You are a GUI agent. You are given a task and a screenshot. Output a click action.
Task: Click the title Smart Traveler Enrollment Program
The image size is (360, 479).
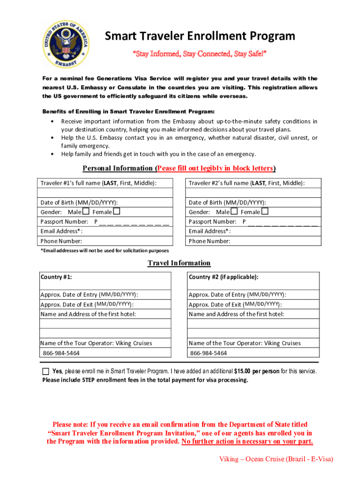(x=200, y=36)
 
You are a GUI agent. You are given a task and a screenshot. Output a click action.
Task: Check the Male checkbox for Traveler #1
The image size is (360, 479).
(x=86, y=211)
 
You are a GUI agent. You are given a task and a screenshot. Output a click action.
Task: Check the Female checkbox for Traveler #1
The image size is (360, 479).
(x=116, y=211)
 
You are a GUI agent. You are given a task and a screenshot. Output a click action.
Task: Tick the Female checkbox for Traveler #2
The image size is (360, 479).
(x=265, y=211)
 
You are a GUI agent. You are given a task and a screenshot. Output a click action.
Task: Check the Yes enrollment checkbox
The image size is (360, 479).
(x=45, y=371)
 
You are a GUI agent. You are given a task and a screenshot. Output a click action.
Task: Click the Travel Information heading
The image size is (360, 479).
(x=179, y=263)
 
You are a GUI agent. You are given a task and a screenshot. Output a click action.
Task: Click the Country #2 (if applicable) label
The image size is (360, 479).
(x=223, y=277)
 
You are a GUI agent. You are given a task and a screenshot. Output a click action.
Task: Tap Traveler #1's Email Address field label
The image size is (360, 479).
(x=62, y=231)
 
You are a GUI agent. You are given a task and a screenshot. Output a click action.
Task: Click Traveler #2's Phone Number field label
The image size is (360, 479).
(x=209, y=241)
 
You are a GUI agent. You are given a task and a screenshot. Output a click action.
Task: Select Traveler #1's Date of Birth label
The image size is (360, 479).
(x=79, y=202)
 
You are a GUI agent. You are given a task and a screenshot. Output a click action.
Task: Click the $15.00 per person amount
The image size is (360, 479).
(x=257, y=371)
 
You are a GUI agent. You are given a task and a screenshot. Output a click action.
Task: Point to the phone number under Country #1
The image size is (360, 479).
(x=61, y=353)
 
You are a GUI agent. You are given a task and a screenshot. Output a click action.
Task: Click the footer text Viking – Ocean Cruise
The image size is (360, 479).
(x=276, y=459)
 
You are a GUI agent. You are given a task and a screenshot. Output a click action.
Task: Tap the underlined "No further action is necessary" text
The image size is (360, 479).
(x=247, y=442)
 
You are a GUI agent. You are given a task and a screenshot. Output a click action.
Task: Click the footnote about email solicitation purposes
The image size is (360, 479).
(x=105, y=251)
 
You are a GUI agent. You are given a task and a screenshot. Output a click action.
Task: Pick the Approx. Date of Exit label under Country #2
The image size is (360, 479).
(x=235, y=304)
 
